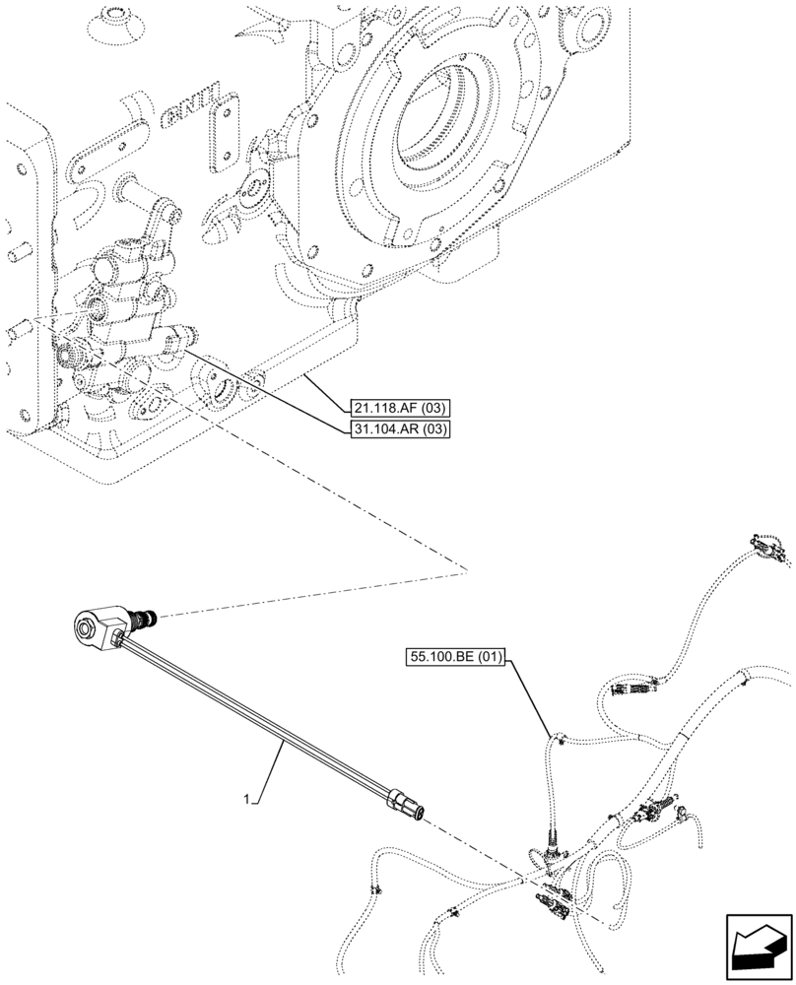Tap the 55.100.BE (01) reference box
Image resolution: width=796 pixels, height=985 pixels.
click(453, 655)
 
